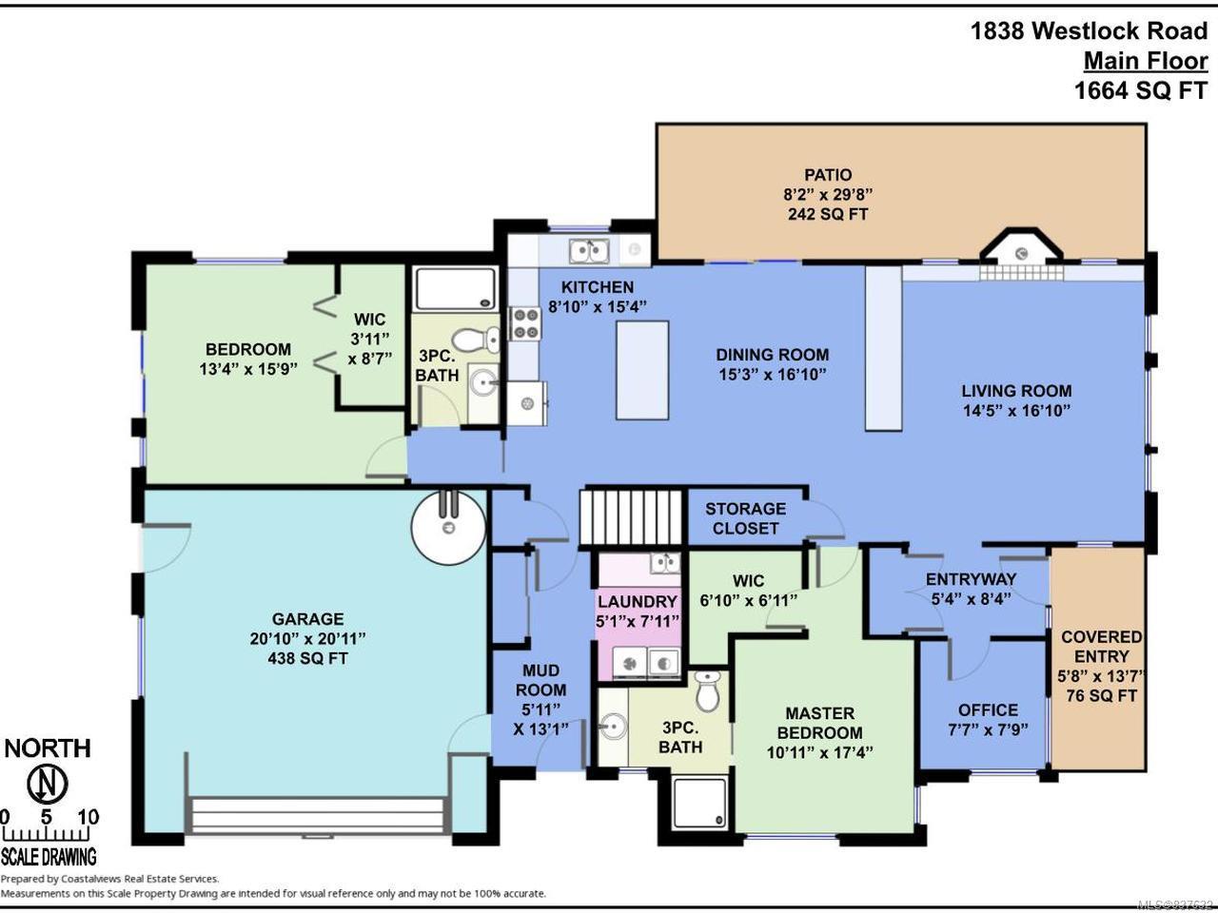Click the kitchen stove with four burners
525,324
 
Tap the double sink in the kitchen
589,250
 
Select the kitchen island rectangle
642,370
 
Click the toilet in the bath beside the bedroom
476,340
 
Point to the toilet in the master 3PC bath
708,690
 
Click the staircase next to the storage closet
631,516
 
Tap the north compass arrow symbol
48,785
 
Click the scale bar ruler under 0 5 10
47,835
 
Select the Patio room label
828,175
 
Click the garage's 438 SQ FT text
307,658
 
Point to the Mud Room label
541,680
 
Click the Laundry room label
638,601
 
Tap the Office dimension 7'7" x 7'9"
988,730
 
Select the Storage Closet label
745,518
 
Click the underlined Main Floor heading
1146,62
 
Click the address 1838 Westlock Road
1089,31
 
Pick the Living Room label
1016,391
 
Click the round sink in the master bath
613,726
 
